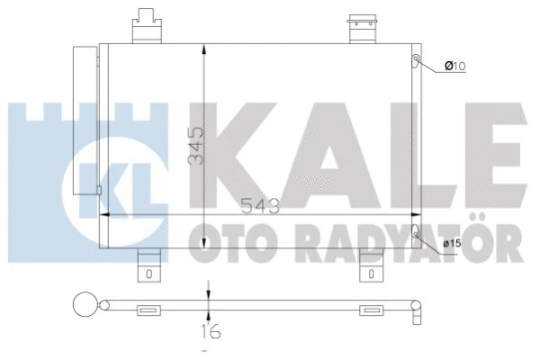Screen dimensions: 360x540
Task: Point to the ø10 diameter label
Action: click(454, 65)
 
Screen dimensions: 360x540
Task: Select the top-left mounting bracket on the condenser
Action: click(146, 27)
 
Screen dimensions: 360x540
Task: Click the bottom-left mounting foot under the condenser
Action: click(148, 266)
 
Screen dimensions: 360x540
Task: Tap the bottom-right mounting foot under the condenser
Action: click(371, 266)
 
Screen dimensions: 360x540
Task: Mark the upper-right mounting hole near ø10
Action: click(416, 60)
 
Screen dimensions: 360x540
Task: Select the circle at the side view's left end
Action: click(84, 304)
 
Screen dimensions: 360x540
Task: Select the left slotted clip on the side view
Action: click(148, 310)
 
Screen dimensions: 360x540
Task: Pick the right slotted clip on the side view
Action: click(371, 310)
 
